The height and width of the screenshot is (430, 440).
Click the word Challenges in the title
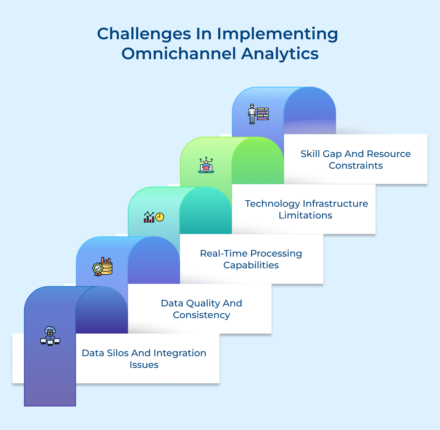click(x=144, y=34)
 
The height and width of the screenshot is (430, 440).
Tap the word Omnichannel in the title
click(x=179, y=54)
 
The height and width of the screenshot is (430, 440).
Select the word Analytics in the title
click(x=280, y=54)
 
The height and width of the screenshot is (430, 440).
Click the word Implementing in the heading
click(x=277, y=34)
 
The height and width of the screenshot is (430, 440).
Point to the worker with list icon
click(x=258, y=114)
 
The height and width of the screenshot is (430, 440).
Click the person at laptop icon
click(x=206, y=165)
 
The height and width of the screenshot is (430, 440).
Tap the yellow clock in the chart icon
click(x=160, y=217)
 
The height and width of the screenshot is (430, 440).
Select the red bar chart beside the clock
click(x=149, y=218)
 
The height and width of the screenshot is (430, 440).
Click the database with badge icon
click(x=103, y=267)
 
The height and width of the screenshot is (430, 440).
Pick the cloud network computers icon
click(x=50, y=336)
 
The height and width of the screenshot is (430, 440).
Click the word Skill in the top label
click(x=310, y=154)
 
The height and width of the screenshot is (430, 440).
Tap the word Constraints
click(x=356, y=165)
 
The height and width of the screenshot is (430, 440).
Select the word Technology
click(x=273, y=204)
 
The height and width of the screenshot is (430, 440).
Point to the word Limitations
click(x=305, y=215)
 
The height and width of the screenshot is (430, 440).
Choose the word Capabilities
click(x=251, y=265)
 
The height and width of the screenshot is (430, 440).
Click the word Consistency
click(x=202, y=315)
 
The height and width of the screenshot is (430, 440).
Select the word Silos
click(x=118, y=353)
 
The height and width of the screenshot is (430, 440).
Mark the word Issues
click(x=144, y=365)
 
